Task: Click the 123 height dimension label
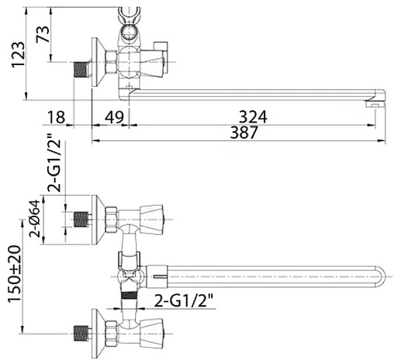[19, 54]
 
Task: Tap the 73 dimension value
[43, 34]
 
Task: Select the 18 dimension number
[56, 117]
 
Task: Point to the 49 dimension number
[115, 117]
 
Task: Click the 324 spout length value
[253, 116]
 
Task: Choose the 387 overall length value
[244, 132]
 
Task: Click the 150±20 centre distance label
[15, 274]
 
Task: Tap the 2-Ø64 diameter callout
[35, 219]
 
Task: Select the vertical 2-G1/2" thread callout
[54, 162]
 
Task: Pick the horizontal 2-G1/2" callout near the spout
[184, 301]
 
